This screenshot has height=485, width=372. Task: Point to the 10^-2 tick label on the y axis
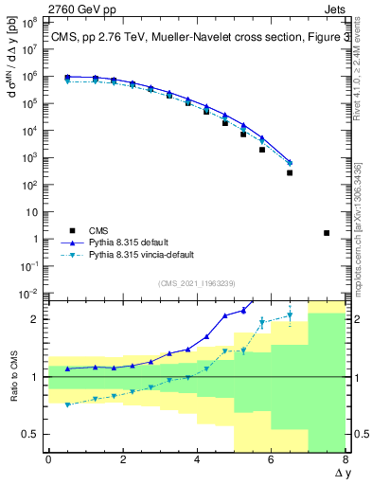click(x=30, y=295)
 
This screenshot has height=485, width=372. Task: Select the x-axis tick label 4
click(x=197, y=459)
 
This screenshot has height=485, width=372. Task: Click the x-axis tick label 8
click(x=345, y=459)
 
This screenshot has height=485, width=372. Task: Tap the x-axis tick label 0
click(x=48, y=459)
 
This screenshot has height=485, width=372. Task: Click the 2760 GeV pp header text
click(x=45, y=7)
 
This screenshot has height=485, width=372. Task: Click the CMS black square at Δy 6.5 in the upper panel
click(x=290, y=172)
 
